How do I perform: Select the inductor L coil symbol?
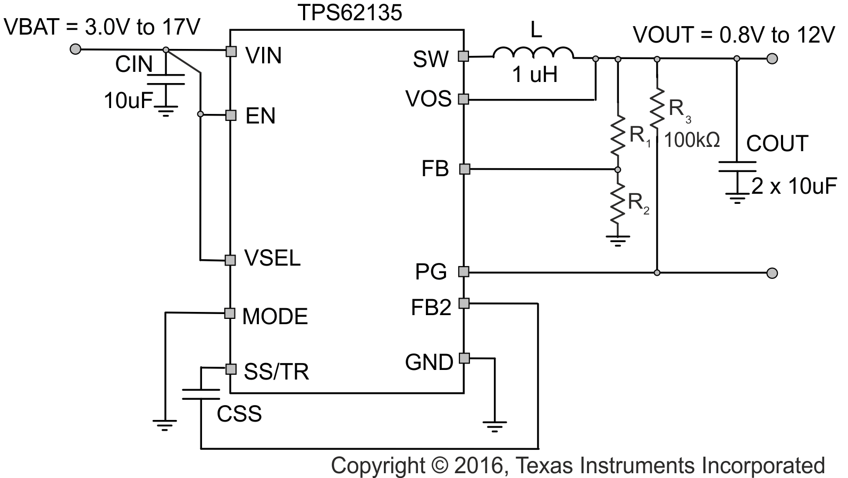tap(533, 54)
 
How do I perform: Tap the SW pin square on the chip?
tap(464, 56)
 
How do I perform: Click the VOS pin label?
tap(429, 98)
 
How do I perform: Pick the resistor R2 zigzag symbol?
tap(617, 202)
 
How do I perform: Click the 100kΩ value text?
tap(692, 140)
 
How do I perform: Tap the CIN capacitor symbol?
tap(165, 79)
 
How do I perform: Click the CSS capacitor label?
tap(239, 414)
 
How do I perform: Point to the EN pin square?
tap(231, 115)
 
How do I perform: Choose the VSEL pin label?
tap(272, 258)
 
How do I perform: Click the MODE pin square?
tap(230, 313)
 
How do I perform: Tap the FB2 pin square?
tap(464, 303)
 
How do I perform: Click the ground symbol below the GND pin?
tap(494, 425)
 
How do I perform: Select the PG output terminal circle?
tap(772, 273)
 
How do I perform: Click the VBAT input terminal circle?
tap(75, 50)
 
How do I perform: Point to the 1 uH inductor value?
tap(535, 75)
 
